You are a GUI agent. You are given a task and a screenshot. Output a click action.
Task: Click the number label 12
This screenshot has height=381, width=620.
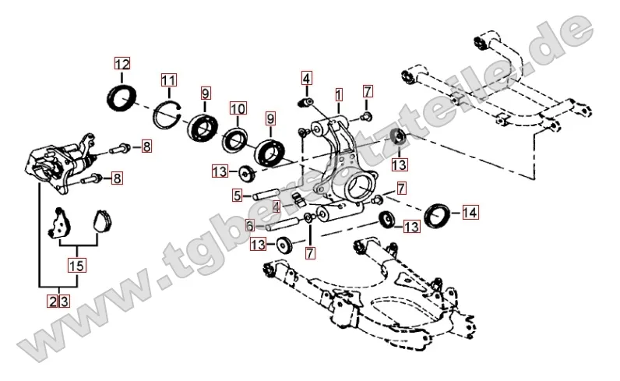pos(122,65)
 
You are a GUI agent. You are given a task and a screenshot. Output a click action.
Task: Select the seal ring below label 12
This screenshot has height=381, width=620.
pos(121,98)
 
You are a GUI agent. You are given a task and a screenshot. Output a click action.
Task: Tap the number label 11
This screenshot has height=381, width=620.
pos(169,79)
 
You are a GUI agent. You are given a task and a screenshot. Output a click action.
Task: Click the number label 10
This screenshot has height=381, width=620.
pos(238,109)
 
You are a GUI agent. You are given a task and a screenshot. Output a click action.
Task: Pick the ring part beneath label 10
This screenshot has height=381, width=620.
pos(234,140)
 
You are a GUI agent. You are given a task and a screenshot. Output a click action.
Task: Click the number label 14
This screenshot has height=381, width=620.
pos(470,211)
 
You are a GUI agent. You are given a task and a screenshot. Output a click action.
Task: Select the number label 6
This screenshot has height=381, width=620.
pos(250,225)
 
